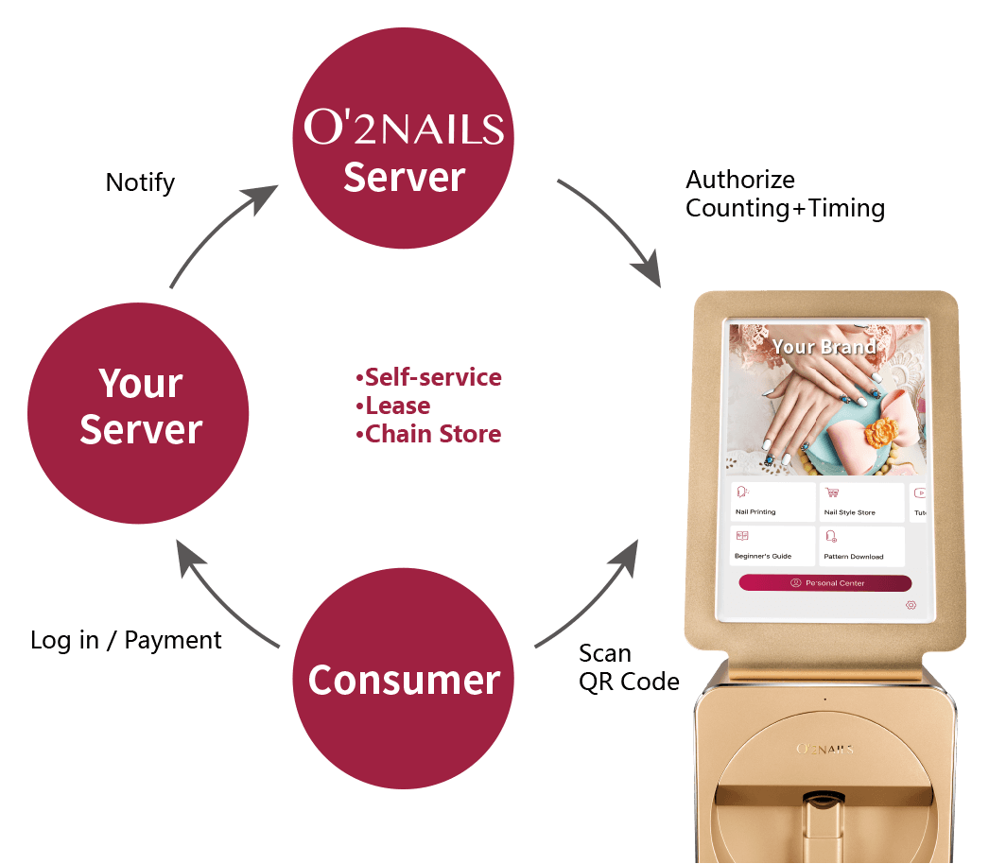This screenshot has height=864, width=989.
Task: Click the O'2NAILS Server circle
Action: click(404, 142)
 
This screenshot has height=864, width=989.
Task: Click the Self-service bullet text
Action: click(429, 377)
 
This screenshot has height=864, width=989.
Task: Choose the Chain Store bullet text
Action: click(429, 434)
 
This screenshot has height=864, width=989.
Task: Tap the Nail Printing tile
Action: click(772, 502)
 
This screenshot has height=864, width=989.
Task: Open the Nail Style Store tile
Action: click(859, 502)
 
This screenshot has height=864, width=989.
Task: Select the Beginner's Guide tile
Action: click(772, 546)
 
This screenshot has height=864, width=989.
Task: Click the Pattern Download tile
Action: click(859, 546)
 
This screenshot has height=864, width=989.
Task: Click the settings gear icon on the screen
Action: click(911, 605)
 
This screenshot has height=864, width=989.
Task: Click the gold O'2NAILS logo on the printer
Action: click(824, 749)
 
